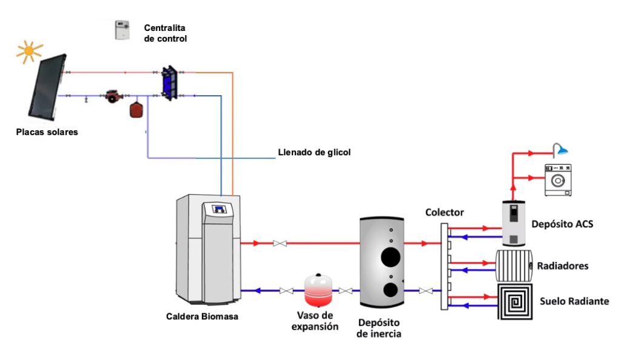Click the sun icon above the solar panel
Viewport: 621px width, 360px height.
29,52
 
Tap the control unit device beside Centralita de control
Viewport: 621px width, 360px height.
123,30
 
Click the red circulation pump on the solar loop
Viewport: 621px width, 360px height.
112,95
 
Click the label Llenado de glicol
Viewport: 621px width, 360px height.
314,152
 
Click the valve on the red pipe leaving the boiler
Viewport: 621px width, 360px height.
280,244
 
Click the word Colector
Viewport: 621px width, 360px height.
445,213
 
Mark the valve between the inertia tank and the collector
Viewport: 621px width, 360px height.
428,291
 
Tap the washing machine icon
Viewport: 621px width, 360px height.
558,179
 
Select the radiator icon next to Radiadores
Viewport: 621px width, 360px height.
514,265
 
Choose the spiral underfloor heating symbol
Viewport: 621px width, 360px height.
515,301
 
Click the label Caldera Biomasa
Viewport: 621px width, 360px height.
194,316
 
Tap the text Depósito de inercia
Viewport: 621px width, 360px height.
379,328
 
